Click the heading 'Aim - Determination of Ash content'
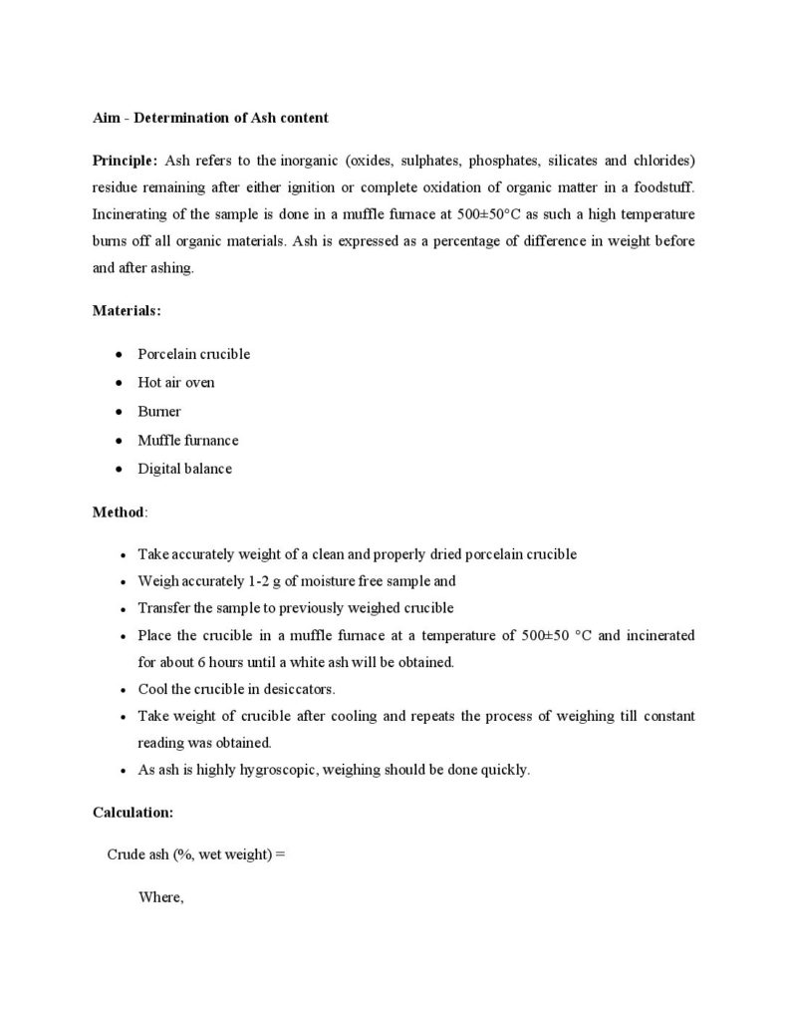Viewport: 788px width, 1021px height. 210,118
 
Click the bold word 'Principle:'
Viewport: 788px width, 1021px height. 125,160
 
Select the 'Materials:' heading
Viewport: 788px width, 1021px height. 127,311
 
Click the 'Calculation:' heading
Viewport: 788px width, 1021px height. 133,813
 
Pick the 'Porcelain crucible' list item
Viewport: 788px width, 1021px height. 193,354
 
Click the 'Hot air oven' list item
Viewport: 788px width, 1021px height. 176,382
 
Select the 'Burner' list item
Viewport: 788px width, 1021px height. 159,411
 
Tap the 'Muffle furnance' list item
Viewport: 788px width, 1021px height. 188,440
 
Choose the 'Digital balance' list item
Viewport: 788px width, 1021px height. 184,469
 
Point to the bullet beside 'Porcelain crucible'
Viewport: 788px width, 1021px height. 120,354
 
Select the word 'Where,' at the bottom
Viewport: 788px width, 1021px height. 161,897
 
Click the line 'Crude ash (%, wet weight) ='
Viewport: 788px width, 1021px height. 196,855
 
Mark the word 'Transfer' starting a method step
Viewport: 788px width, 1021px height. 163,608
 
